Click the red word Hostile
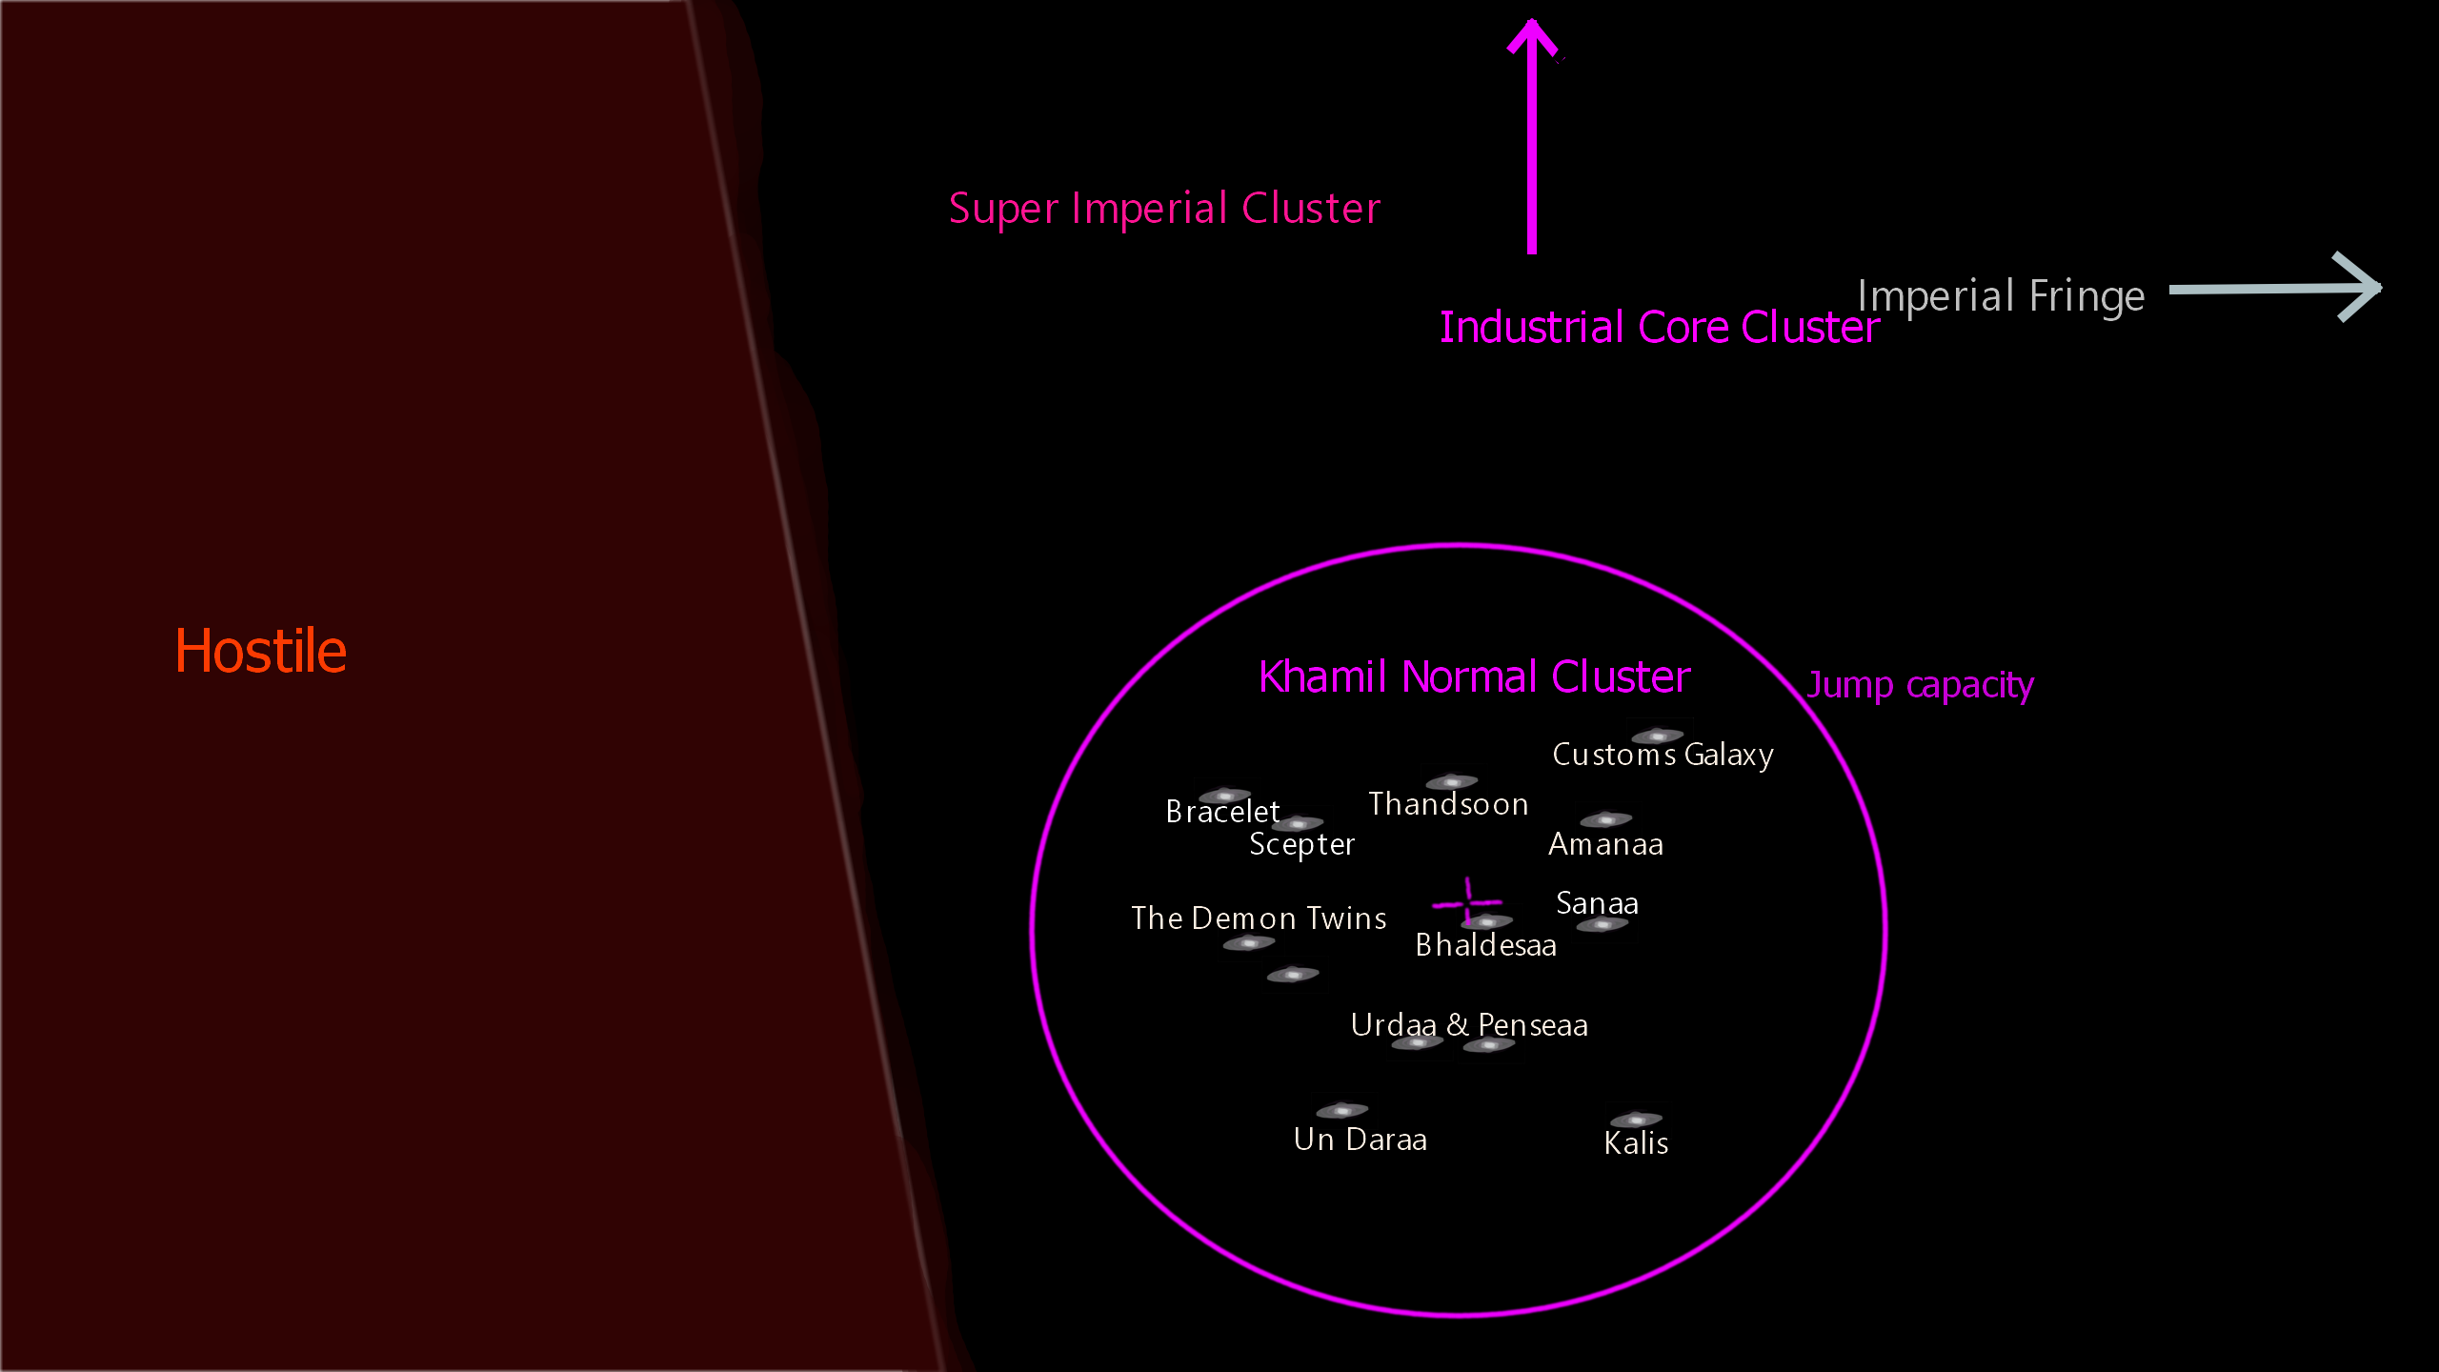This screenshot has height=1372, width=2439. tap(260, 652)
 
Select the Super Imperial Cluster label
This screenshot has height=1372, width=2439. tap(1164, 208)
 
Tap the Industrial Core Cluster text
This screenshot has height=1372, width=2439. tap(1659, 328)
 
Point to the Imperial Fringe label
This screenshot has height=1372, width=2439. tap(2001, 295)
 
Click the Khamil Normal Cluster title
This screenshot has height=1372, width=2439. tap(1474, 677)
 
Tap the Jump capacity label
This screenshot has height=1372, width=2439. tap(1920, 684)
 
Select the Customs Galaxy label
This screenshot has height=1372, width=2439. tap(1663, 755)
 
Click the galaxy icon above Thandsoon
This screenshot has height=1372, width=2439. tap(1451, 782)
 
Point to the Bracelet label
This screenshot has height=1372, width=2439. tap(1222, 812)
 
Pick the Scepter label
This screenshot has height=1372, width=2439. tap(1301, 844)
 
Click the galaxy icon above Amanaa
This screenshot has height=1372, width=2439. tap(1606, 819)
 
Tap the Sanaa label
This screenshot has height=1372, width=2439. tap(1597, 902)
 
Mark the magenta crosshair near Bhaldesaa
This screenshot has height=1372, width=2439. tap(1467, 901)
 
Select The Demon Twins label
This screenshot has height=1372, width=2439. tap(1259, 918)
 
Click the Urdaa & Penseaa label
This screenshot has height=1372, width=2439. tap(1469, 1025)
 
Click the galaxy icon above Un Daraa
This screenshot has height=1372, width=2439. tap(1341, 1111)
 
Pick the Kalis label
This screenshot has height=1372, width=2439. tap(1636, 1143)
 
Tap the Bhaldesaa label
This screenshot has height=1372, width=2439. tap(1485, 945)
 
